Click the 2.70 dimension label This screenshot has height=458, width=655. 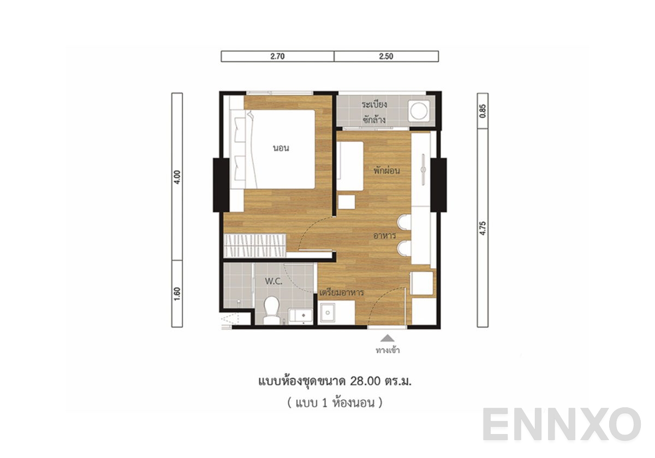tap(278, 56)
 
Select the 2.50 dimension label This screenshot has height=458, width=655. tap(385, 56)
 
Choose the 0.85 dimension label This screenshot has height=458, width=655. tap(483, 111)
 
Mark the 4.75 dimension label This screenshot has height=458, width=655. tap(483, 227)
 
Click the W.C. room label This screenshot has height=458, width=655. tap(273, 281)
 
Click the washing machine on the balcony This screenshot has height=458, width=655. tap(419, 112)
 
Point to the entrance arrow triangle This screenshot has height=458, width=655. tap(387, 338)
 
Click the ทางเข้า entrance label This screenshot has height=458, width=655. tap(388, 350)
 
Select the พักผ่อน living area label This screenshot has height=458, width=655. tap(387, 170)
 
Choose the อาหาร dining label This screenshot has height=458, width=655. tap(384, 236)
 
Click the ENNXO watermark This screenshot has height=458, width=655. tap(562, 425)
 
